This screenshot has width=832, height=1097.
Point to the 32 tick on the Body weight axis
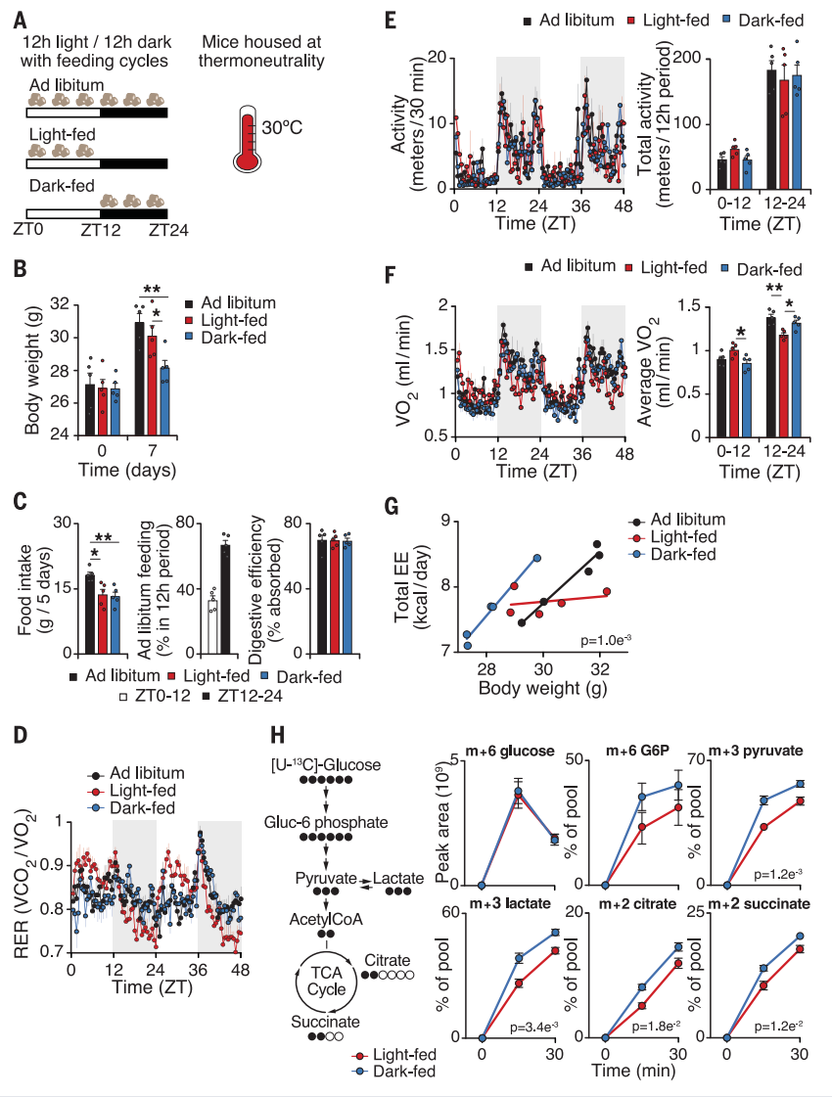(x=41, y=304)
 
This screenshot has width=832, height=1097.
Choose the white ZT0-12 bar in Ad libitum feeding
(x=211, y=622)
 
